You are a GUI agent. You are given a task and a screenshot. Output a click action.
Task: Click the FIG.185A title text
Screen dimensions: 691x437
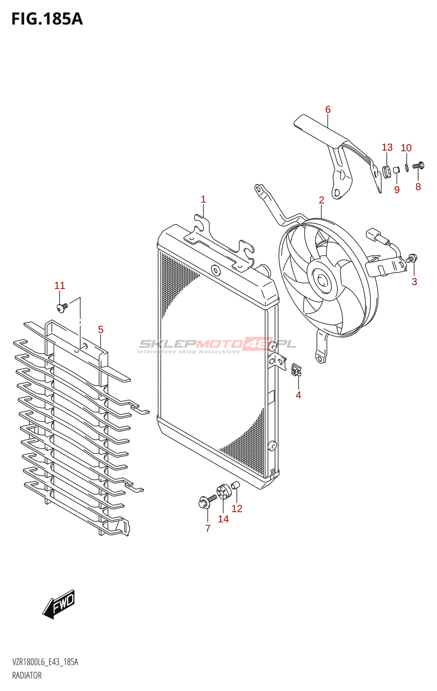click(x=47, y=19)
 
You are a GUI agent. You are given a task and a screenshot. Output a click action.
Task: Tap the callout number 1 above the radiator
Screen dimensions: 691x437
click(x=203, y=200)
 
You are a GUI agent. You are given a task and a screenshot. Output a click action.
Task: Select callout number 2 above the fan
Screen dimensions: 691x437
click(x=321, y=200)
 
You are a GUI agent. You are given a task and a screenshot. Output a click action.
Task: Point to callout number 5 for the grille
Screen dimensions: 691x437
click(x=101, y=330)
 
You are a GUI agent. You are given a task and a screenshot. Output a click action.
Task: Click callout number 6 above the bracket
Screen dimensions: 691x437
click(x=328, y=110)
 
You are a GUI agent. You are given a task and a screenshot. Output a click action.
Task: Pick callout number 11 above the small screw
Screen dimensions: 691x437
click(x=60, y=285)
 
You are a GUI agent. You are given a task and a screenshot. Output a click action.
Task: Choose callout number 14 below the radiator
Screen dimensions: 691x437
click(x=223, y=519)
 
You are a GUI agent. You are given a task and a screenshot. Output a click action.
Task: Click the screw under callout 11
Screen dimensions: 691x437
click(x=62, y=307)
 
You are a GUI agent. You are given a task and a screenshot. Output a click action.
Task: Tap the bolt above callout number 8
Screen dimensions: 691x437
click(x=418, y=165)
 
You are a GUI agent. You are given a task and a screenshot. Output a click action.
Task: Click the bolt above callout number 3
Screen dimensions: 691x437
click(x=412, y=258)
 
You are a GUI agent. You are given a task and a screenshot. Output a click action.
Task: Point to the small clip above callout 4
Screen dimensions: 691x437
click(x=297, y=370)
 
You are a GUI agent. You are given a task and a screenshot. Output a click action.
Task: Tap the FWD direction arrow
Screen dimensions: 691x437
click(x=59, y=604)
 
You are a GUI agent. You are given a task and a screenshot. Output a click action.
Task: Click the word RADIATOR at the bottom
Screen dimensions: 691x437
click(x=27, y=675)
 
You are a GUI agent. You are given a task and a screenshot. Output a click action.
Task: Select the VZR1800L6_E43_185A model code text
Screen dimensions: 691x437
click(x=45, y=662)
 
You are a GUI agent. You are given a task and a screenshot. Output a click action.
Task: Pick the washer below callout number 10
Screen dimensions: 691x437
click(x=407, y=167)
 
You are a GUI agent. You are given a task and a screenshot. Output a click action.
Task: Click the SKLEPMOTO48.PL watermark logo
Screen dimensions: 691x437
click(x=217, y=345)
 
